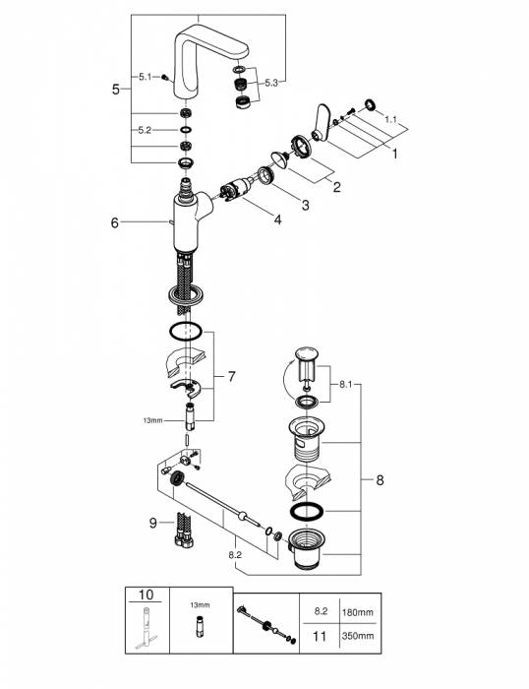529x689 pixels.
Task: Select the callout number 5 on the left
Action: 116,90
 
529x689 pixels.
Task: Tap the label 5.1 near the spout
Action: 146,76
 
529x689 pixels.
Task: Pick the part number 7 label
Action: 231,377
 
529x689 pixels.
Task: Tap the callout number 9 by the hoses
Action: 152,522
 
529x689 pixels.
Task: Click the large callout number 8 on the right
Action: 380,480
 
